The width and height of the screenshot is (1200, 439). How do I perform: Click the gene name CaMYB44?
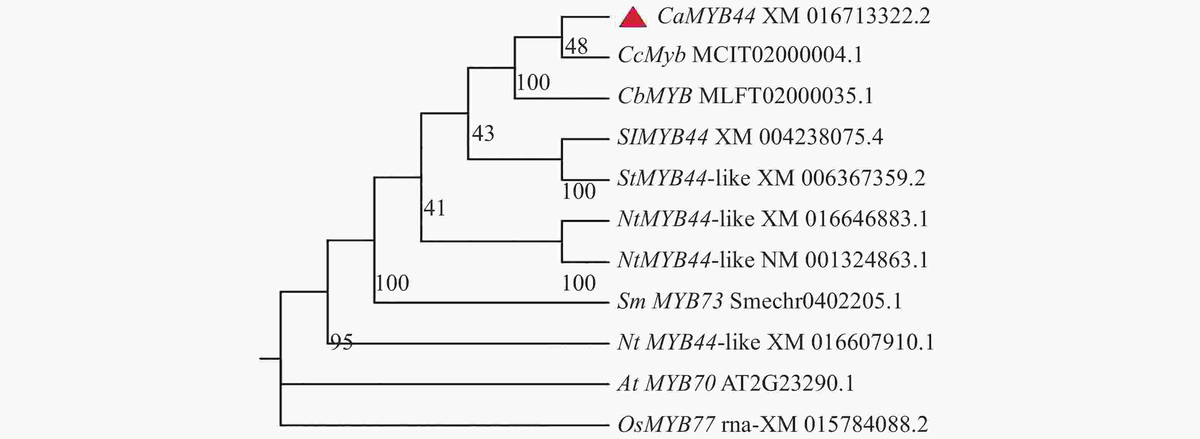(x=706, y=16)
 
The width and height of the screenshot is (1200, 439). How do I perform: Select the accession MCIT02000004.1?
(x=777, y=55)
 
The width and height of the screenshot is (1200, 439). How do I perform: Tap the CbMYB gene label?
(x=654, y=96)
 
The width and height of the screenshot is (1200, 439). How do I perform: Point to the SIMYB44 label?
(x=662, y=137)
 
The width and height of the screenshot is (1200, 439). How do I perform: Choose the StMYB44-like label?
(x=684, y=178)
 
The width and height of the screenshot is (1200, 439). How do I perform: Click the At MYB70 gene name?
(x=667, y=383)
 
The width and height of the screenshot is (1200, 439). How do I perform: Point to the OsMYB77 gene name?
(x=666, y=424)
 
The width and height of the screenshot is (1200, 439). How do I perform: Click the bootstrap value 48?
(x=576, y=46)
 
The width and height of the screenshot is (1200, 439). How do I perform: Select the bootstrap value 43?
(x=483, y=134)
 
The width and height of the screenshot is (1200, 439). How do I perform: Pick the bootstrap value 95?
(x=341, y=342)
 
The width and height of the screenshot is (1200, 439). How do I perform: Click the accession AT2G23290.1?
(x=788, y=383)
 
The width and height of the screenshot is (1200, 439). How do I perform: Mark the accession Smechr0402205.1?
(x=816, y=301)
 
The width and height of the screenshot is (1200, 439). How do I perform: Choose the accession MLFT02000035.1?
(x=786, y=96)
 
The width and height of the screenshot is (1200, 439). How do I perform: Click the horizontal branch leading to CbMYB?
(x=562, y=98)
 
